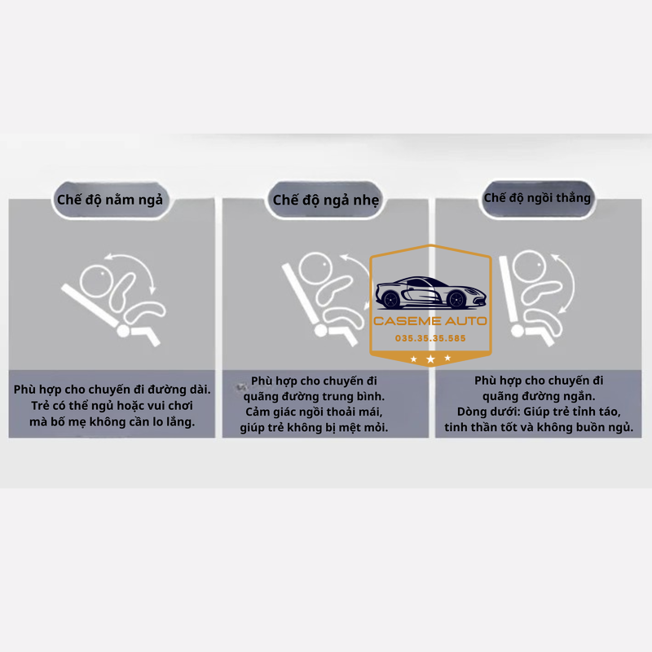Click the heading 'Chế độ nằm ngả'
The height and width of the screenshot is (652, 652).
click(x=109, y=200)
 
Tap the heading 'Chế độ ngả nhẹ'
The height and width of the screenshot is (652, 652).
click(x=326, y=200)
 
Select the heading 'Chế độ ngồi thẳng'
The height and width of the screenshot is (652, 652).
click(x=537, y=197)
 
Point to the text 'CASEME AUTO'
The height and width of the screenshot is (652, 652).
click(x=430, y=320)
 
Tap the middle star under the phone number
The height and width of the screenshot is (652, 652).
click(x=430, y=359)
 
